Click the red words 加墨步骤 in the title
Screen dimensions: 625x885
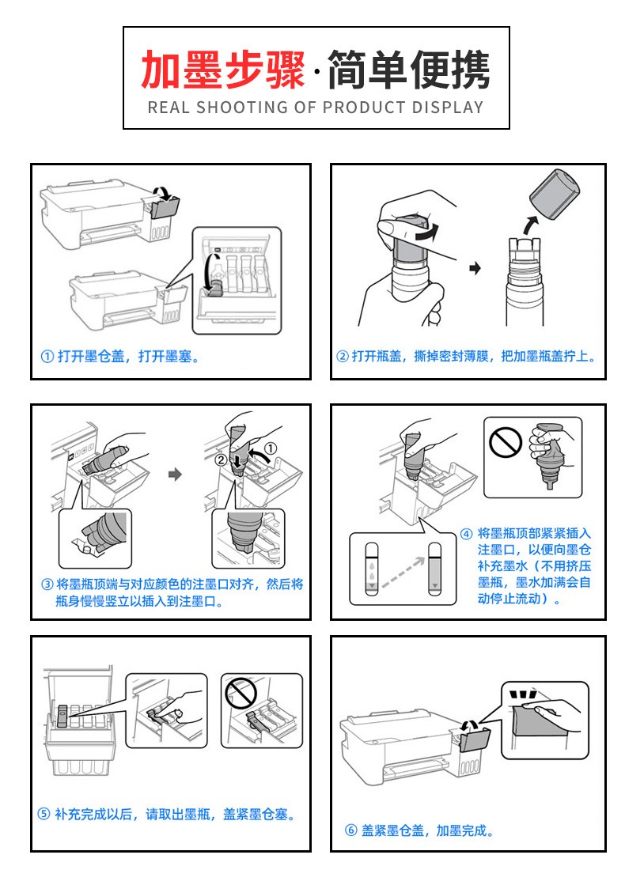(x=223, y=70)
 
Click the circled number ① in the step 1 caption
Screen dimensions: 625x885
(x=47, y=356)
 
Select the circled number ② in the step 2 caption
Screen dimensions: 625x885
(x=342, y=356)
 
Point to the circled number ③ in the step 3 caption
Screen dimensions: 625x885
(x=47, y=584)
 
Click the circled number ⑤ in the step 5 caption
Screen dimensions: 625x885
(x=44, y=814)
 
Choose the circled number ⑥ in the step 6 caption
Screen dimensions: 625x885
(x=351, y=830)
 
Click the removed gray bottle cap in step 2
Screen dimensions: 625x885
(x=555, y=194)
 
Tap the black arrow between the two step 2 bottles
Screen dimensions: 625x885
(x=475, y=268)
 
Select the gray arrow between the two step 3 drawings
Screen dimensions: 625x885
(x=176, y=474)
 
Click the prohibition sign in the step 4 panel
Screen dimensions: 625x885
(x=505, y=442)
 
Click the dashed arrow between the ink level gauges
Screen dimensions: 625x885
(x=403, y=573)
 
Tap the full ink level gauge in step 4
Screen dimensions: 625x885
(x=434, y=569)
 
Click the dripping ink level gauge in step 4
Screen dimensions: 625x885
(x=371, y=569)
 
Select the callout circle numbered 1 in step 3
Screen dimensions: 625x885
(x=271, y=448)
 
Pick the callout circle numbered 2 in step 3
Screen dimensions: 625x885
(x=222, y=460)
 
